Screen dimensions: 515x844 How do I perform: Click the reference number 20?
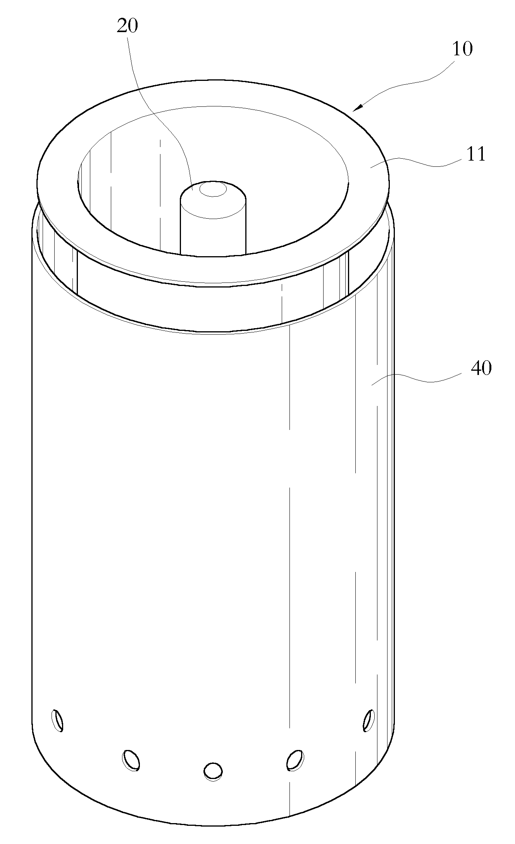point(127,27)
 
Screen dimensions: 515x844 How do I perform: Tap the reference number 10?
point(462,50)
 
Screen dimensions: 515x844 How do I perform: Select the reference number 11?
point(475,155)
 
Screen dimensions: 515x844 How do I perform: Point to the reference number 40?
point(481,368)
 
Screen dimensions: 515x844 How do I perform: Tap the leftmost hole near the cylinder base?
point(58,720)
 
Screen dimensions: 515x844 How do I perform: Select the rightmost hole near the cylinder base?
point(369,720)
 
